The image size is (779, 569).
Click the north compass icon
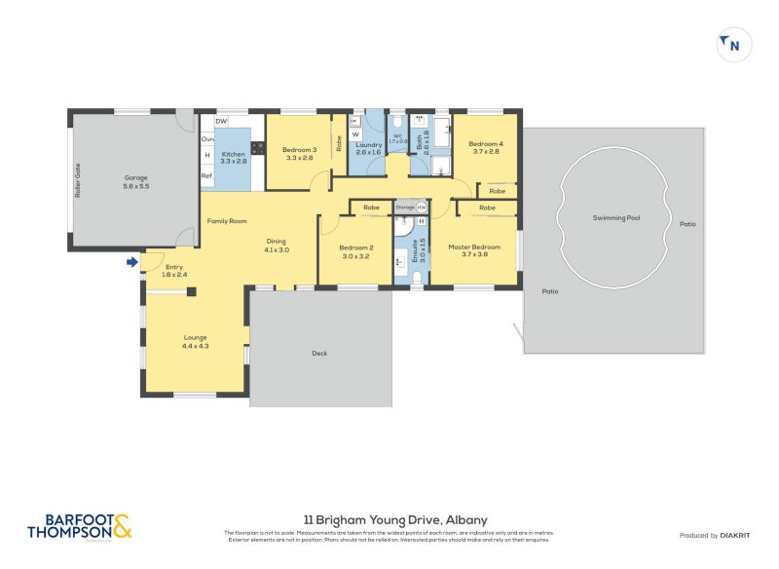coord(734,45)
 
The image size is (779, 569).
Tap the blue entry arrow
coord(131,261)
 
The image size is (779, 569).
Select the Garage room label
coord(135,182)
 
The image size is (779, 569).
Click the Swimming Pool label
coord(616,218)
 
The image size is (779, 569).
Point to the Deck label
coord(320,353)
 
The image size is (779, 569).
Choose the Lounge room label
coord(196,342)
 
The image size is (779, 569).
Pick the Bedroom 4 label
coord(486,146)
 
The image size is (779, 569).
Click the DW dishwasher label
coord(221,121)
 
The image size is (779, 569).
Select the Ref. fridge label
coord(206,175)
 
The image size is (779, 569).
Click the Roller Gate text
coord(78,182)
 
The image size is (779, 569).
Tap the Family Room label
coord(227,221)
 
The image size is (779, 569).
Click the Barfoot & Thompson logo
coord(79,527)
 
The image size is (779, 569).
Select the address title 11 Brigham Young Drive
coord(389,520)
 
